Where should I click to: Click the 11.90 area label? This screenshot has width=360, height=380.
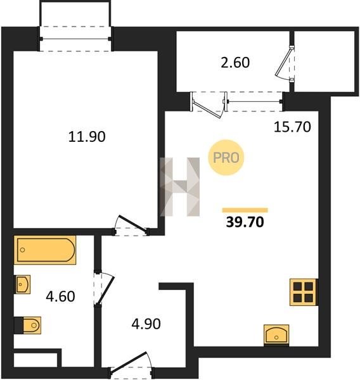[87, 136]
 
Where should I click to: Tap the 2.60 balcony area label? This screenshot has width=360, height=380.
[235, 62]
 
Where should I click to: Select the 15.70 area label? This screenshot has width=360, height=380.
[292, 127]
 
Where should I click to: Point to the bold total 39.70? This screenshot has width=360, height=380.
[245, 222]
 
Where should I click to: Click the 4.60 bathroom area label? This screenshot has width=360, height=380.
[60, 296]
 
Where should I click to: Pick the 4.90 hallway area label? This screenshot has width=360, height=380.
[146, 324]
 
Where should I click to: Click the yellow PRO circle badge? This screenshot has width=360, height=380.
[226, 158]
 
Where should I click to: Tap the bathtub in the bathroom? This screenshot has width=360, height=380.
[45, 250]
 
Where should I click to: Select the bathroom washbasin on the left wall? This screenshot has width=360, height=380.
[23, 284]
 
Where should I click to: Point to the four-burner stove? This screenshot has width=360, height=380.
[304, 292]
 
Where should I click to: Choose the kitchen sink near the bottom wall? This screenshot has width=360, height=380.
[276, 335]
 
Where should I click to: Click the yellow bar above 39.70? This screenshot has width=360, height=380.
[245, 210]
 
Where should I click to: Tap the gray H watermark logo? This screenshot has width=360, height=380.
[180, 187]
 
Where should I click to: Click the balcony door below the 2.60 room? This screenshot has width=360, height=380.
[209, 105]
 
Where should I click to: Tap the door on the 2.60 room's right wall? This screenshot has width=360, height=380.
[285, 64]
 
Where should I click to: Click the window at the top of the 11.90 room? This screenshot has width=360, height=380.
[75, 39]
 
